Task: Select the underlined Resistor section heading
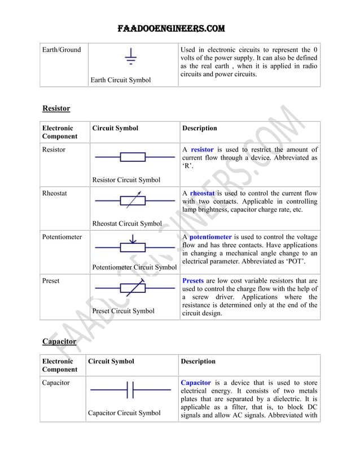[x=56, y=108]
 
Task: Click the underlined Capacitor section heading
[x=59, y=341]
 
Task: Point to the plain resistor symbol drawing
[x=133, y=157]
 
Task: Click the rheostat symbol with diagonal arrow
[x=133, y=200]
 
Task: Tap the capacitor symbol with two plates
[x=130, y=390]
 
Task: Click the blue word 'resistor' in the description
[x=202, y=150]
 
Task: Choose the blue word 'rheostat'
[x=203, y=194]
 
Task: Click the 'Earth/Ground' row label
[x=62, y=50]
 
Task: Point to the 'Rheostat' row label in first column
[x=55, y=194]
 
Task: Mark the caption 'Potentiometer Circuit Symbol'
[x=134, y=267]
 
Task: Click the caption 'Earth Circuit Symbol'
[x=121, y=80]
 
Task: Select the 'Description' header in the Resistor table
[x=199, y=128]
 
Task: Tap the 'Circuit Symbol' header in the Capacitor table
[x=112, y=361]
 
